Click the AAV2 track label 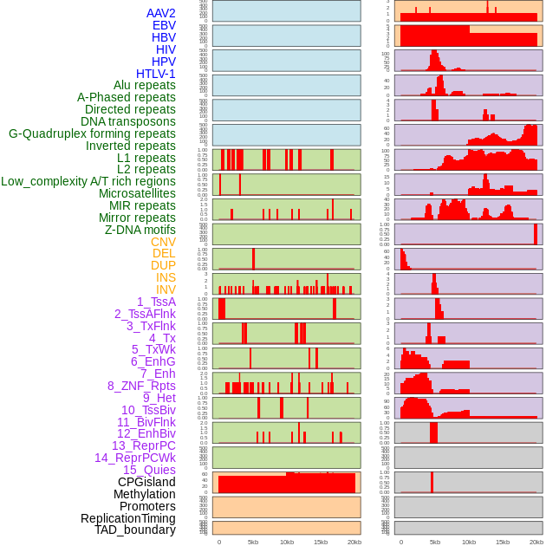click(161, 13)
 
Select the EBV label click(164, 25)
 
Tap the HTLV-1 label click(156, 74)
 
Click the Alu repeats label click(145, 85)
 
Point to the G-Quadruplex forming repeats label click(92, 133)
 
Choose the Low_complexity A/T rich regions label click(88, 181)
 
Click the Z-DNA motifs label click(140, 230)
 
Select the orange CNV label click(163, 242)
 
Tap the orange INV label click(166, 289)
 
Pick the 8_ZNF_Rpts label click(141, 386)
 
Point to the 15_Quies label click(149, 470)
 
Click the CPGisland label click(146, 482)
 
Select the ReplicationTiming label click(128, 518)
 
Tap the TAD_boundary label click(135, 530)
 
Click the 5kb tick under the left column click(253, 542)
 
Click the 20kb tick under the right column click(536, 542)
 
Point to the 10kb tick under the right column click(469, 542)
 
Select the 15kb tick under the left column click(321, 542)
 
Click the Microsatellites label click(137, 193)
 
